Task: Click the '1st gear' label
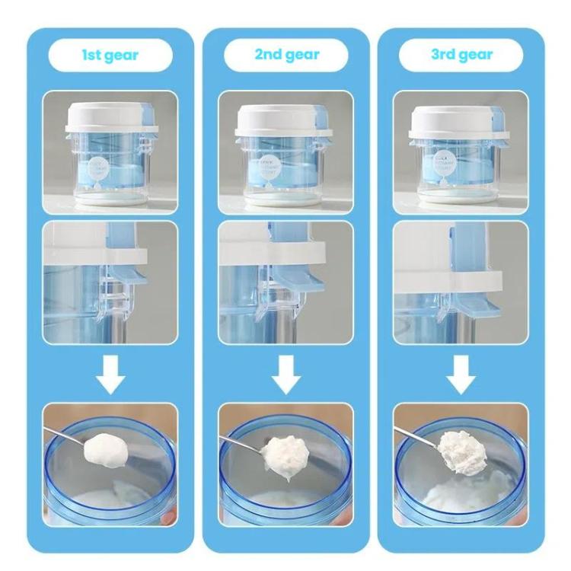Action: pos(110,56)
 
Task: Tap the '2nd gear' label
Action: pos(286,56)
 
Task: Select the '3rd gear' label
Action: pos(461,56)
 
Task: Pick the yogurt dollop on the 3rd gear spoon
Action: pos(462,451)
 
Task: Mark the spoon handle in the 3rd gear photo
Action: pos(415,434)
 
